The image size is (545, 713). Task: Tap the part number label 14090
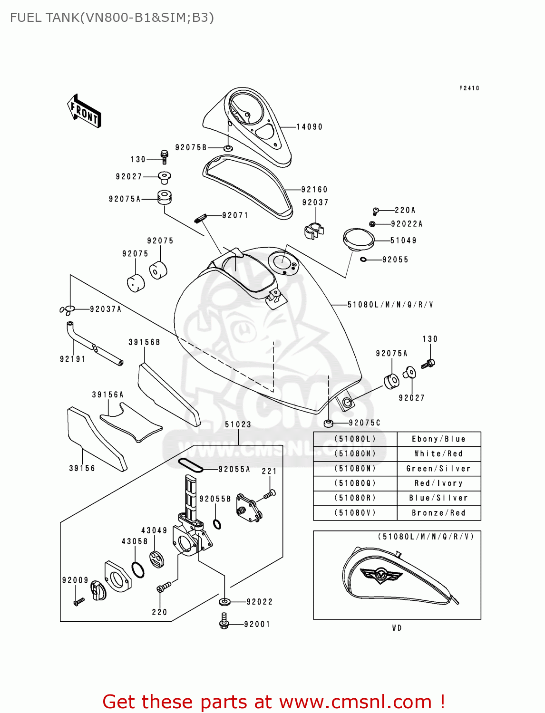click(x=309, y=127)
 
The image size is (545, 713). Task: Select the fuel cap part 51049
click(x=358, y=239)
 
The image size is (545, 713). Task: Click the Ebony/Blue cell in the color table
click(x=438, y=439)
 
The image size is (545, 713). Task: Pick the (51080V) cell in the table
click(x=355, y=513)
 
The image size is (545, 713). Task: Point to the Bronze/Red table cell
click(x=438, y=513)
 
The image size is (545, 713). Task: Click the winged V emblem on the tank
click(x=381, y=575)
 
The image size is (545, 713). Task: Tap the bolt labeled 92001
click(x=224, y=621)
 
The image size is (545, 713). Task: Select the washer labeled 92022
click(x=224, y=602)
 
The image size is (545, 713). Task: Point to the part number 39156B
click(x=144, y=342)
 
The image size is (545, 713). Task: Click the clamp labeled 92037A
click(x=68, y=310)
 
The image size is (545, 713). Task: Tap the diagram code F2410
click(x=469, y=88)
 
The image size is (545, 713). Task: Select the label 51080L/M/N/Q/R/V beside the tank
click(x=390, y=305)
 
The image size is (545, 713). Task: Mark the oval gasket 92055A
click(x=190, y=465)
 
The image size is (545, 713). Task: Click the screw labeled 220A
click(x=376, y=210)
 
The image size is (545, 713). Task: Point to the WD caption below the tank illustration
click(x=397, y=628)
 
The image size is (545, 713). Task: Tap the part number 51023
click(x=238, y=424)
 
